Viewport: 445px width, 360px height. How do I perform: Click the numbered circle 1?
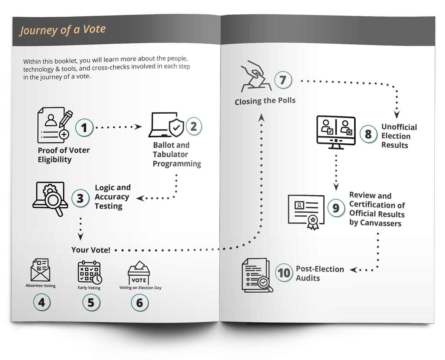click(84, 128)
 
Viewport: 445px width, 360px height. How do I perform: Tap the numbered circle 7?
click(283, 80)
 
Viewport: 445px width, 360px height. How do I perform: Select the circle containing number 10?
click(284, 272)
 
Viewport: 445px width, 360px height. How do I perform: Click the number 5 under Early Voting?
click(91, 302)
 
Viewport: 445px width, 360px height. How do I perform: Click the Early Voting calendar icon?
click(90, 272)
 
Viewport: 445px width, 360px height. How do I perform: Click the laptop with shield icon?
click(166, 125)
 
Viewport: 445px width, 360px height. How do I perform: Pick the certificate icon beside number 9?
click(306, 211)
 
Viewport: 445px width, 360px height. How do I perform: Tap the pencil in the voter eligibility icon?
click(66, 119)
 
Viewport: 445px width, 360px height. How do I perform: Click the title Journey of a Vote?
click(63, 30)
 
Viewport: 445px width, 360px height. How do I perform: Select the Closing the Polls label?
click(265, 101)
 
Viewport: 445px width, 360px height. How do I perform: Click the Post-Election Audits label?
click(320, 273)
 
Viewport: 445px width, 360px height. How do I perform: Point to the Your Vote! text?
click(91, 250)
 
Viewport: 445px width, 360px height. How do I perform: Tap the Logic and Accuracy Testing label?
click(112, 196)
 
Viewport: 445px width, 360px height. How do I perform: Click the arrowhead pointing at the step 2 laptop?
click(138, 127)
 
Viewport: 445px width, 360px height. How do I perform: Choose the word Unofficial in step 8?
click(399, 127)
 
